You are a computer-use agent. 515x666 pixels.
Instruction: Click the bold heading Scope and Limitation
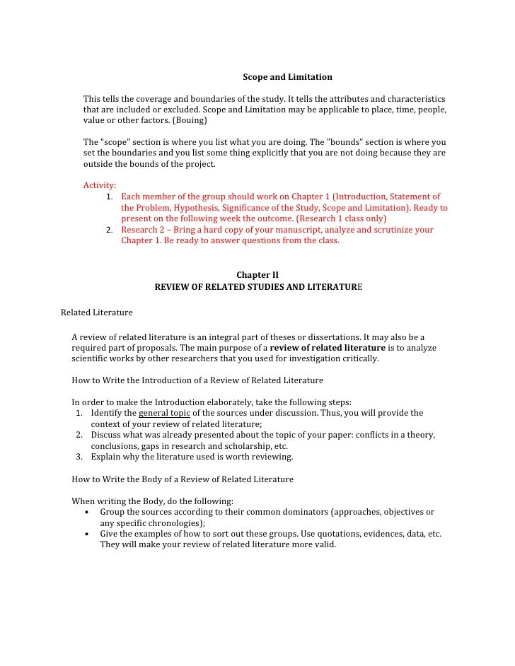(x=287, y=76)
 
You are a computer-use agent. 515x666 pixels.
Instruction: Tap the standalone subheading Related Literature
(x=96, y=312)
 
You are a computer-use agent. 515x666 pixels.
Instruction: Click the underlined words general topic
(x=164, y=413)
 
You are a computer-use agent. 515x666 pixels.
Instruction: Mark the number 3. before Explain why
(x=80, y=457)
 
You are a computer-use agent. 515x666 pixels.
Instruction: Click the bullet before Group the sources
(x=86, y=513)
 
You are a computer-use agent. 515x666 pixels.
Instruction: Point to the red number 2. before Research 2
(x=110, y=230)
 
